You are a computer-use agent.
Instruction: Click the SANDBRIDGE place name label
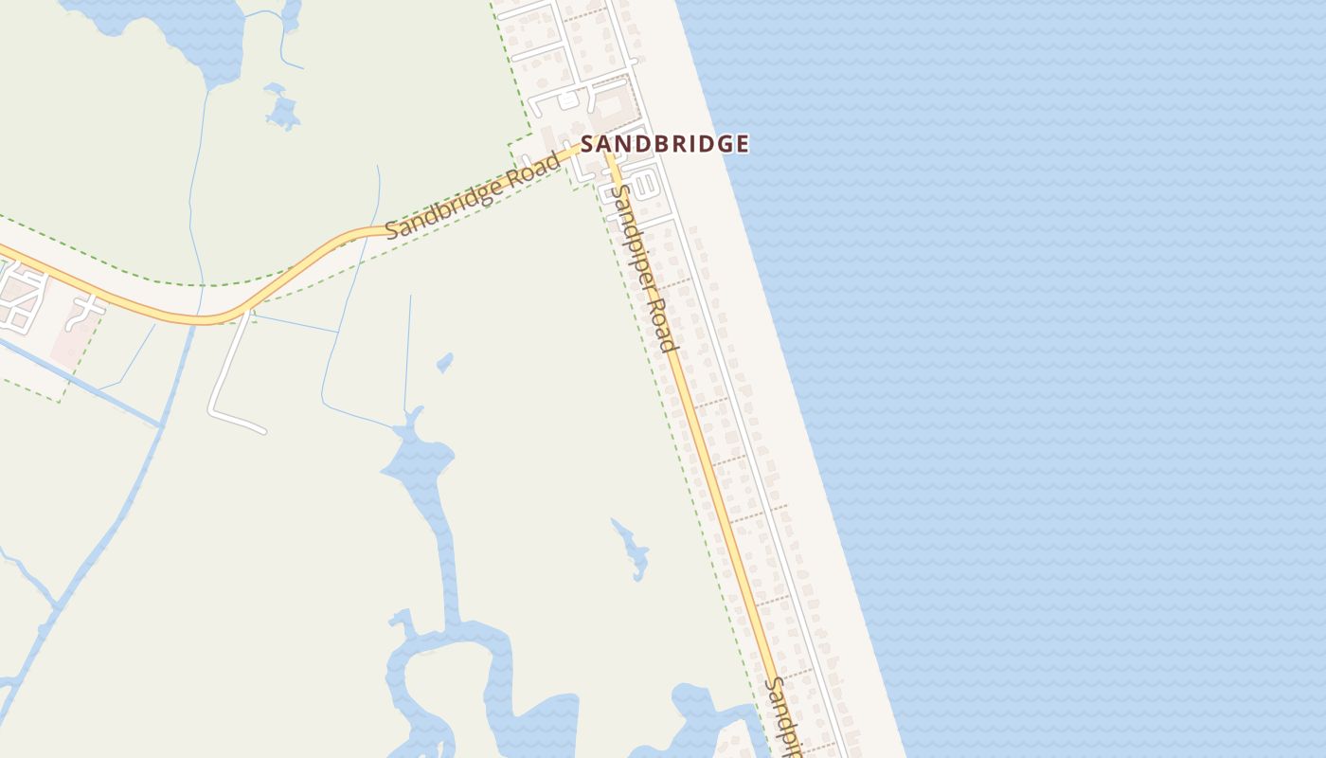tap(665, 144)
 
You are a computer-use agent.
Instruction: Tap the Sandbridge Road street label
tap(473, 195)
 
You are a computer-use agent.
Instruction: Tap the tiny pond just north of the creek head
tap(444, 362)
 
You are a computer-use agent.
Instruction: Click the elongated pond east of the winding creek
tap(633, 549)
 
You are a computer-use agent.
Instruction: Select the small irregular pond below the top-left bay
tap(281, 109)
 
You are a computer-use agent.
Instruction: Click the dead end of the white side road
tap(262, 430)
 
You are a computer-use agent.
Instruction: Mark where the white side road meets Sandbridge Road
tap(248, 311)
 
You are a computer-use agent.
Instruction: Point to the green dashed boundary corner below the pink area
tap(59, 402)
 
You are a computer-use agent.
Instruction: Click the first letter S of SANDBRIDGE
tap(587, 144)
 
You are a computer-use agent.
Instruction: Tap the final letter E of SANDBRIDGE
tap(743, 144)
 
